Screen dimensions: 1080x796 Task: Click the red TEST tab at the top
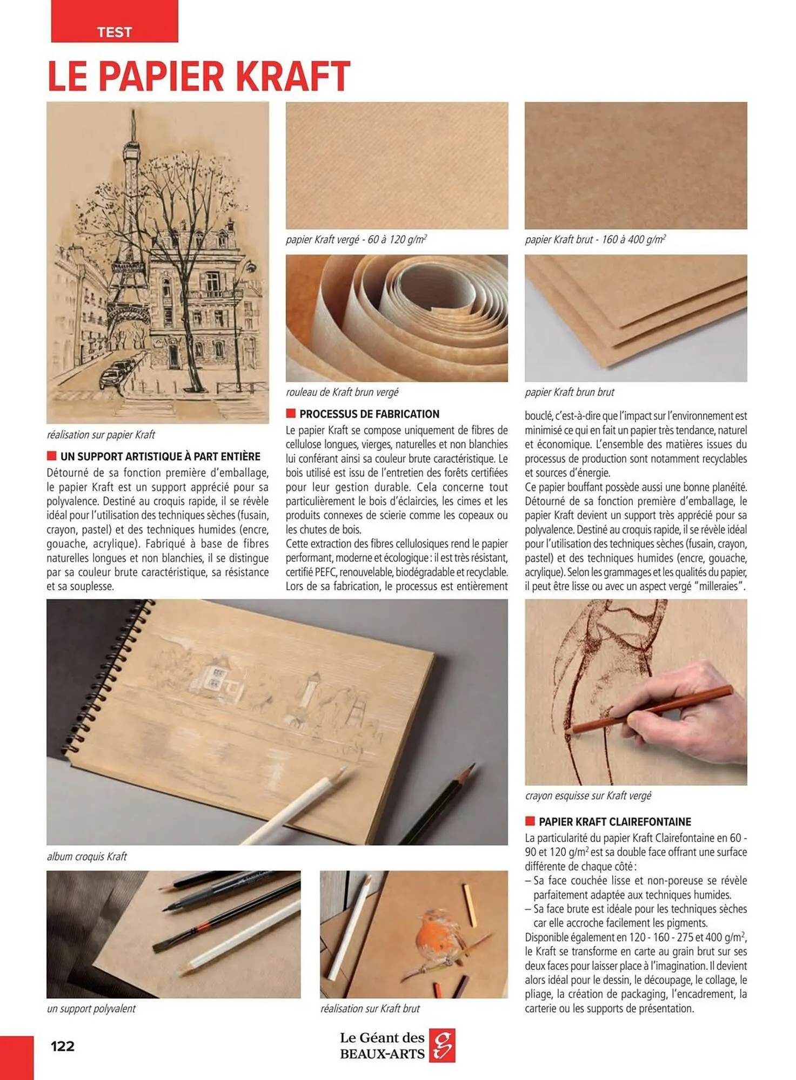tap(114, 22)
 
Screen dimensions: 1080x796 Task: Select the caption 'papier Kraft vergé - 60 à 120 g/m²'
tap(356, 239)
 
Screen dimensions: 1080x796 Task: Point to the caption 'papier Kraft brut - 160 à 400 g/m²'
tap(595, 239)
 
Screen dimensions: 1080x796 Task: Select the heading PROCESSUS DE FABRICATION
tap(369, 414)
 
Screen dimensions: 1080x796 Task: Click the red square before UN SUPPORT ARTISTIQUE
tap(52, 456)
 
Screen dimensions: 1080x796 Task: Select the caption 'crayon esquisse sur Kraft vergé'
tap(588, 795)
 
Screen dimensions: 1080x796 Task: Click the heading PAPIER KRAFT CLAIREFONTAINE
tap(614, 822)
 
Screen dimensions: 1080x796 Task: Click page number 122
tap(62, 1046)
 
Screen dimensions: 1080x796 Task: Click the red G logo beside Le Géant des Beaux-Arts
tap(442, 1045)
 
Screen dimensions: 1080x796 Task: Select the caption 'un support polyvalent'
tap(91, 1009)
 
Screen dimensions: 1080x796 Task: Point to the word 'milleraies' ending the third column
tap(718, 586)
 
